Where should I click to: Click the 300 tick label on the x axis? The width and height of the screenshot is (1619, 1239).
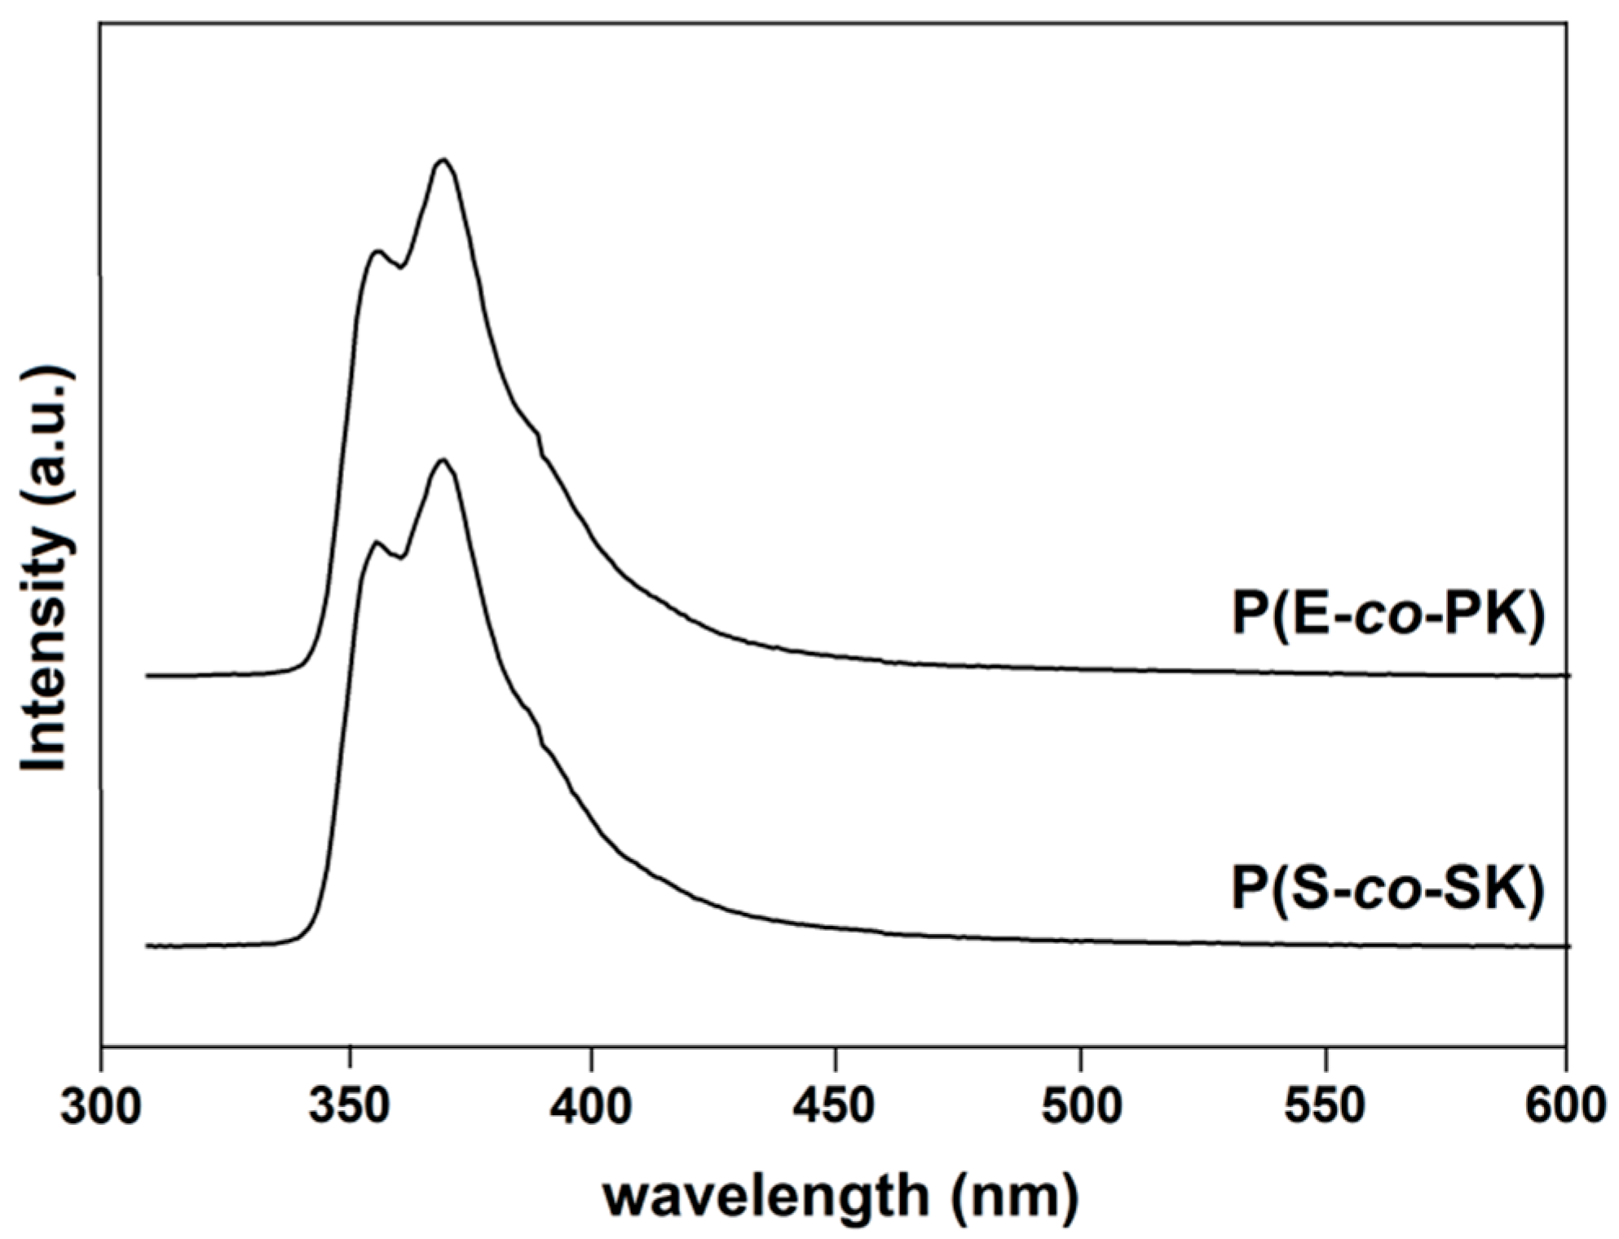click(101, 1106)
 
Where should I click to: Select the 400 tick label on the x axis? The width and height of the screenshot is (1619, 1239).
click(591, 1106)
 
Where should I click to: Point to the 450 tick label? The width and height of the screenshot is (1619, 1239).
click(835, 1106)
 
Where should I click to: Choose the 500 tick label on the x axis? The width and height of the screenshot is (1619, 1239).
click(1080, 1106)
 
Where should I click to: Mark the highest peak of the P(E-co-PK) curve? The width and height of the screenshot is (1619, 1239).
click(443, 160)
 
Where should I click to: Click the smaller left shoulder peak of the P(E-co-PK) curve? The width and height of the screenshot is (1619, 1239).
click(377, 251)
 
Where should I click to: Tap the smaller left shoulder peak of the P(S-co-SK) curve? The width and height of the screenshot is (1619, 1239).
click(377, 541)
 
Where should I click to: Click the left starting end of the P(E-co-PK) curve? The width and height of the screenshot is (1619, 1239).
click(148, 676)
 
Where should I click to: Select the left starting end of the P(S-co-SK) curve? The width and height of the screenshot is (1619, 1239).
click(148, 946)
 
